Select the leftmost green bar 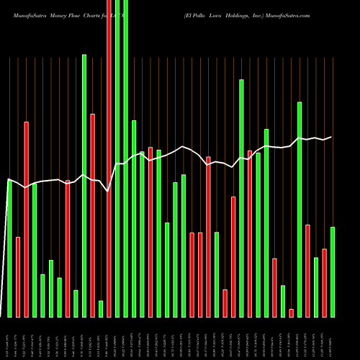[10, 248]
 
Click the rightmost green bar [333, 271]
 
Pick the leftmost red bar [18, 276]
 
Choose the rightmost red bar [324, 282]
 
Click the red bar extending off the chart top [109, 158]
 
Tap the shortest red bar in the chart [291, 312]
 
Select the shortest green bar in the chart [101, 308]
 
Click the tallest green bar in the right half [241, 198]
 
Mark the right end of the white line [332, 137]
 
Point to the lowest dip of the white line [108, 192]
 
